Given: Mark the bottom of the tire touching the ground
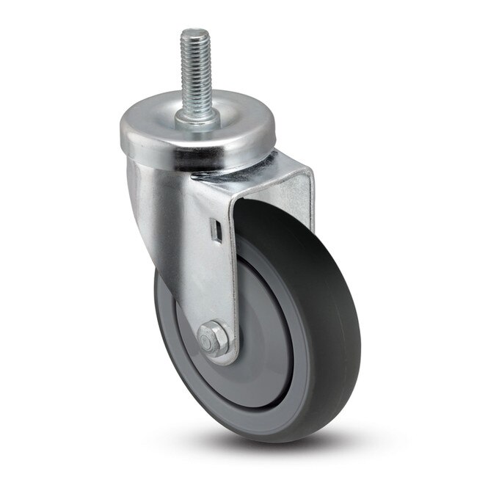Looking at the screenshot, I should (264, 437).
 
